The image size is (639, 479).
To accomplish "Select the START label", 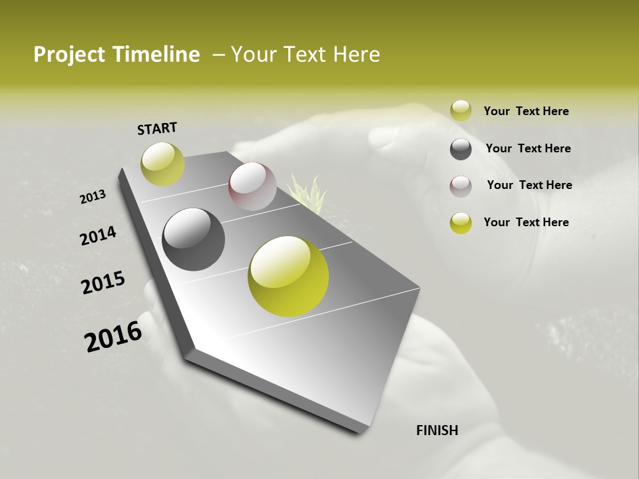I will click(x=157, y=128).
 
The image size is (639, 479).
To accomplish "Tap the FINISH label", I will click(x=437, y=430).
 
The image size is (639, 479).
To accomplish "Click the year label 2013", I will click(x=93, y=197).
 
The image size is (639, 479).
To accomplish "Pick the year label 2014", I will click(x=98, y=236).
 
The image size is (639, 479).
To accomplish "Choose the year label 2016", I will click(x=113, y=337).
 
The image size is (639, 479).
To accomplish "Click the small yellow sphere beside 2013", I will click(x=162, y=164).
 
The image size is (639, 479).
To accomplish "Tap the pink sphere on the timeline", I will click(x=252, y=186).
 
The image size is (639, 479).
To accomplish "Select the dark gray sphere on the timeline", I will click(x=193, y=239).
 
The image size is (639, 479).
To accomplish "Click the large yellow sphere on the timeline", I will click(x=288, y=276).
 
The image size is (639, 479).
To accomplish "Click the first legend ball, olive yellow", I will click(x=461, y=111).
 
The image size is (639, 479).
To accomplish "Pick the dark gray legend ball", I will click(x=461, y=149).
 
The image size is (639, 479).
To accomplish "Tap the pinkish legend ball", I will click(x=461, y=186).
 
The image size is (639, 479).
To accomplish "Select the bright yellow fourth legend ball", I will click(x=461, y=223).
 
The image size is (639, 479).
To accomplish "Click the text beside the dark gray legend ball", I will click(x=528, y=148).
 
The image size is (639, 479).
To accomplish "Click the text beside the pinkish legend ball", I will click(x=529, y=185).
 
